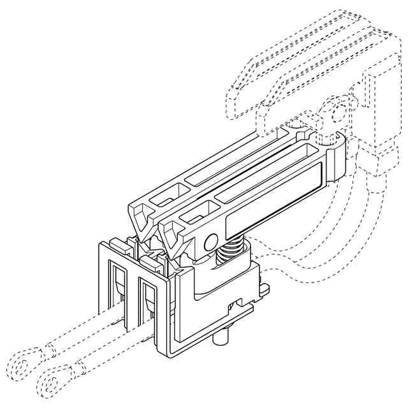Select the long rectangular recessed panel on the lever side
click(x=273, y=198)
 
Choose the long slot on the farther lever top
click(x=236, y=156)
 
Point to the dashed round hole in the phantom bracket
click(x=338, y=114)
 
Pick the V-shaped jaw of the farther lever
click(x=143, y=219)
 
